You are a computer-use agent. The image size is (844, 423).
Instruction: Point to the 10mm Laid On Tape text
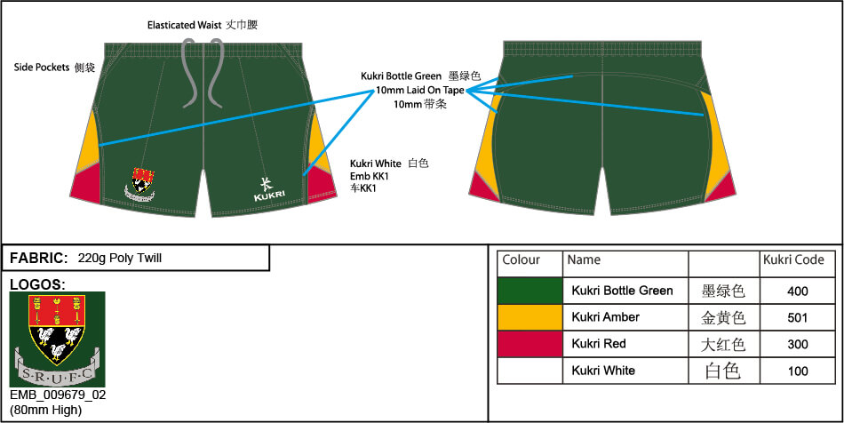tap(420, 90)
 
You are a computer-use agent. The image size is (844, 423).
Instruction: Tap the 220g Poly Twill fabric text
tap(120, 259)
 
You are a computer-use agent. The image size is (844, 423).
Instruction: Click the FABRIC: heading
tap(39, 259)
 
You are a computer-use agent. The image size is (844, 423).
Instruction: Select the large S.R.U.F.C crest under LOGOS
tap(58, 339)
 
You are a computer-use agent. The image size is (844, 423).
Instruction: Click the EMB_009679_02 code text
tap(58, 395)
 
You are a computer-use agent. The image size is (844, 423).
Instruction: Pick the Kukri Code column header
tap(793, 260)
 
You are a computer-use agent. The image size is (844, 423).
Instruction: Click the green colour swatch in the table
tap(529, 291)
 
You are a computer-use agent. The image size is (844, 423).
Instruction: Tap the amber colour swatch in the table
tap(529, 317)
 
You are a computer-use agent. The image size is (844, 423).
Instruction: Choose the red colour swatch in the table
tap(529, 344)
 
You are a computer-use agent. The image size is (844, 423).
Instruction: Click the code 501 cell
tap(797, 317)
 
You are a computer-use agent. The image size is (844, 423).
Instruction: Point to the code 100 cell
tap(797, 371)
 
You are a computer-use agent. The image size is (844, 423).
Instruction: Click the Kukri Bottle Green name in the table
tap(622, 291)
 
